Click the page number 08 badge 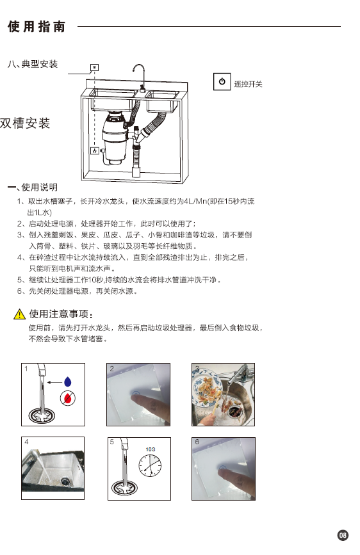[343, 535]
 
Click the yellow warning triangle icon [19, 314]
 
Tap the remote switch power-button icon [222, 81]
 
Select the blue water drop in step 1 [68, 382]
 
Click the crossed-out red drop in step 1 [68, 399]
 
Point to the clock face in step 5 [150, 465]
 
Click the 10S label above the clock [151, 449]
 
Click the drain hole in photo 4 [65, 481]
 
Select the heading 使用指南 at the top [37, 26]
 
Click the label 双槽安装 [25, 123]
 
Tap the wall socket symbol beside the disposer [95, 151]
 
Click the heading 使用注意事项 [61, 314]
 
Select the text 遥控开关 [249, 84]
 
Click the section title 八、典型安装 [33, 64]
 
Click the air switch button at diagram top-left [95, 67]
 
